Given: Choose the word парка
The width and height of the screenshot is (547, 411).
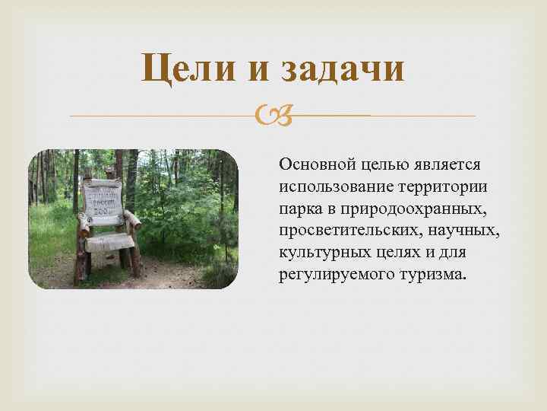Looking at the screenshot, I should click(x=299, y=208).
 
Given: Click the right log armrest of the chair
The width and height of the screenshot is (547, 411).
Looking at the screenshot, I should click(x=134, y=221).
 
